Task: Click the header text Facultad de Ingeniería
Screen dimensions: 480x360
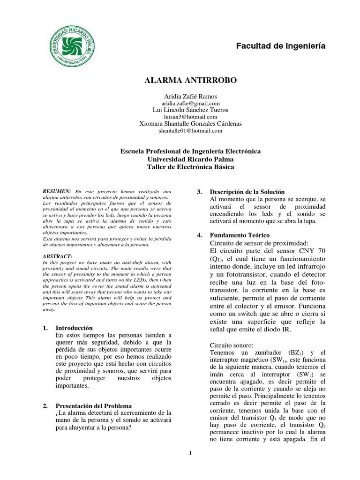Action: pyautogui.click(x=280, y=46)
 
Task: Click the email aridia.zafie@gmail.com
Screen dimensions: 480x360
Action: pyautogui.click(x=190, y=103)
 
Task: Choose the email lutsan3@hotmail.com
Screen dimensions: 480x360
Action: pyautogui.click(x=190, y=117)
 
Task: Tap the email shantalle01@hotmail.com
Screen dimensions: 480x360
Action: pyautogui.click(x=190, y=131)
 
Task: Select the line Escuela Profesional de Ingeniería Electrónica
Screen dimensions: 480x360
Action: pyautogui.click(x=190, y=151)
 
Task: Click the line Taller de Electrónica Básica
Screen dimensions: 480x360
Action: pyautogui.click(x=190, y=166)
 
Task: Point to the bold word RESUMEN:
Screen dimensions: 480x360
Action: pyautogui.click(x=57, y=192)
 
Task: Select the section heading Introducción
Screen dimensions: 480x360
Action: pyautogui.click(x=75, y=328)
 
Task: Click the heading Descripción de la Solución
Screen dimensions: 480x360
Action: pyautogui.click(x=247, y=192)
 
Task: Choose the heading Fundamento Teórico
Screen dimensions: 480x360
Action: pyautogui.click(x=240, y=235)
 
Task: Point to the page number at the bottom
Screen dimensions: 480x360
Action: pyautogui.click(x=190, y=452)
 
